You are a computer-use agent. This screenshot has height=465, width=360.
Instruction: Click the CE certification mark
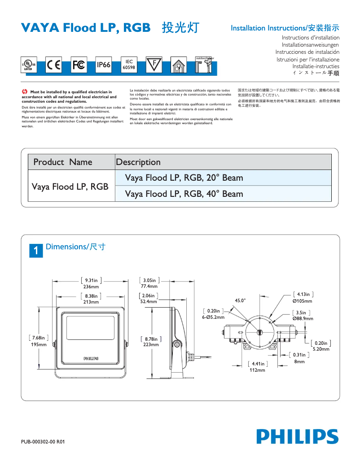click(54, 65)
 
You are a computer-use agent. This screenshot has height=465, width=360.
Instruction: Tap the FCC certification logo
click(79, 65)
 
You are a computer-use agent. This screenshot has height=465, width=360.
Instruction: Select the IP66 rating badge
click(104, 65)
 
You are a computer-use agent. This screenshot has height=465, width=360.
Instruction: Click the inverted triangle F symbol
click(154, 65)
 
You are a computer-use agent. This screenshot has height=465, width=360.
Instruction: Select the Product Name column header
click(63, 162)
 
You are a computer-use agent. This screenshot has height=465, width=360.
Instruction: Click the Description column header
click(138, 162)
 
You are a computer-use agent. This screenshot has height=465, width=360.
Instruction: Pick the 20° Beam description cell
click(184, 178)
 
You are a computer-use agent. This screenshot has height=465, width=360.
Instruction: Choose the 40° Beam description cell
click(184, 194)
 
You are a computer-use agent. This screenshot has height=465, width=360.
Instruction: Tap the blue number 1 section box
click(36, 251)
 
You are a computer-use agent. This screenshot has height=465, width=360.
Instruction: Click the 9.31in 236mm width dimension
click(91, 283)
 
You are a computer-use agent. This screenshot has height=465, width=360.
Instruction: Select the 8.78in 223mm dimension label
click(151, 342)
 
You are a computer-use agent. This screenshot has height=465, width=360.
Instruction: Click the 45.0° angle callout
click(240, 300)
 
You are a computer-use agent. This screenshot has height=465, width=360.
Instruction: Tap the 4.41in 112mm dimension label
click(258, 367)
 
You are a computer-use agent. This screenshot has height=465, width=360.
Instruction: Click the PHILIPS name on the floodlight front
click(91, 359)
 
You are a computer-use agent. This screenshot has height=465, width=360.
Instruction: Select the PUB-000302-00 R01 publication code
click(43, 442)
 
